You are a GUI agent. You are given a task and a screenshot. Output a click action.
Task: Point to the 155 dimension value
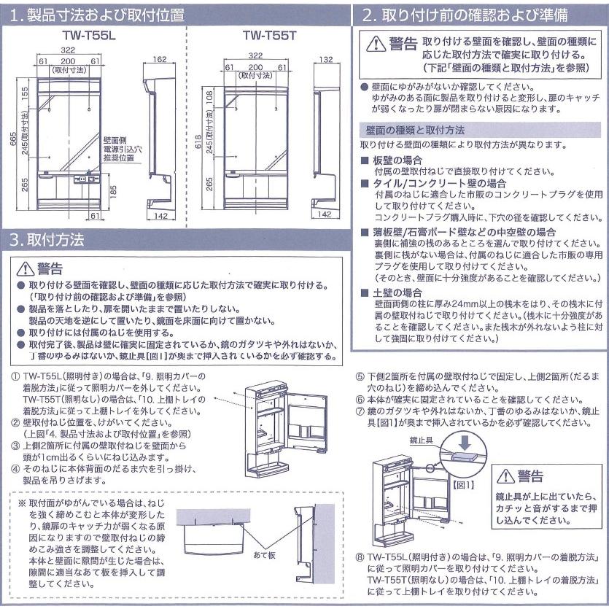[25, 93]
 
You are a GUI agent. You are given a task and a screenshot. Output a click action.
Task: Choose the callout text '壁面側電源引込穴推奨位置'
[119, 148]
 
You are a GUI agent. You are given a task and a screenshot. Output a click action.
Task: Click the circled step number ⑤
[360, 376]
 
